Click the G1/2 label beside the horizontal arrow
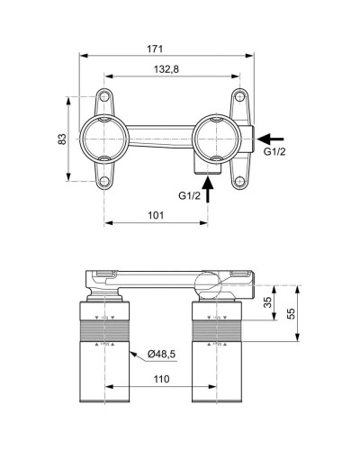pyautogui.click(x=275, y=152)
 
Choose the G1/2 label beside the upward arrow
pyautogui.click(x=191, y=194)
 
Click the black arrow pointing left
pyautogui.click(x=274, y=138)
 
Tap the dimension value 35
pyautogui.click(x=267, y=303)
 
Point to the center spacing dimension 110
pyautogui.click(x=161, y=379)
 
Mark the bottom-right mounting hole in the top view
pyautogui.click(x=239, y=182)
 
